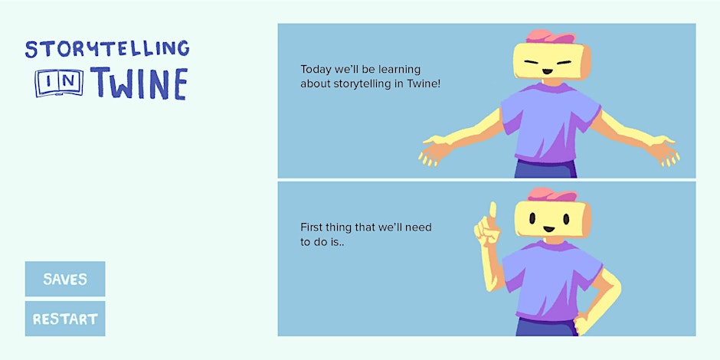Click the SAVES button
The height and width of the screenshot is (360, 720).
[65, 279]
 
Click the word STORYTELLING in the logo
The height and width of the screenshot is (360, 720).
[107, 49]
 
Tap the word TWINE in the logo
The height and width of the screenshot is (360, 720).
[139, 83]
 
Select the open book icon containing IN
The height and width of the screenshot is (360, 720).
[59, 83]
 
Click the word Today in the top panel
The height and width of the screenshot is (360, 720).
[315, 70]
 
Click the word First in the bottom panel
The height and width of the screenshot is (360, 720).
[310, 227]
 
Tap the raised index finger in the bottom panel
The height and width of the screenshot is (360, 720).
[493, 210]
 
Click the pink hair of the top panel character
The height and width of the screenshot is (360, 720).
[550, 36]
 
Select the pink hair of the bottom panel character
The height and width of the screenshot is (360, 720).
[552, 194]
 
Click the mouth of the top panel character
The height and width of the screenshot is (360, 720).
[547, 71]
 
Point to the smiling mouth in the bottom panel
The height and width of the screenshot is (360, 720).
[548, 229]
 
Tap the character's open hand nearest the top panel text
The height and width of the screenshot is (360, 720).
[434, 149]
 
